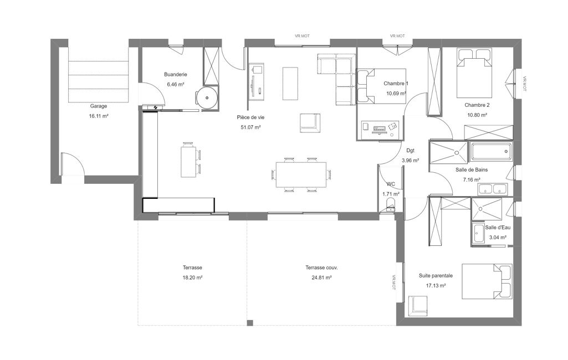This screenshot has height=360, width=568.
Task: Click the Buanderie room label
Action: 175,75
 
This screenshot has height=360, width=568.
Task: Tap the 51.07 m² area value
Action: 250,127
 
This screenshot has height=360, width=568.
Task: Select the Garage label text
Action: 99,106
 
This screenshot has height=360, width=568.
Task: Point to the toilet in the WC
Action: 390,205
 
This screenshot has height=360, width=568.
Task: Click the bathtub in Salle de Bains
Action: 491,152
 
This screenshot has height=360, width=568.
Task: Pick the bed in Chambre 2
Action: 474,73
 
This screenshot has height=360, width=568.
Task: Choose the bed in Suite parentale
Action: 487,281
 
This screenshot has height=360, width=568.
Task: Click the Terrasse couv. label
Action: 321,268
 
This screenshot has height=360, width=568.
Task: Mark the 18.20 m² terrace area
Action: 192,278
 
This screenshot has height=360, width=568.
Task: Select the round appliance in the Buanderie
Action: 207,98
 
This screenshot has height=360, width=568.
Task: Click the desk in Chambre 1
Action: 380,130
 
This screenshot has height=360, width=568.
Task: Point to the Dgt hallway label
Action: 411,151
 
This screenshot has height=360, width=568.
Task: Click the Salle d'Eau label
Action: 498,228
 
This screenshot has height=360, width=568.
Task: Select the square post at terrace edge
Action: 250,322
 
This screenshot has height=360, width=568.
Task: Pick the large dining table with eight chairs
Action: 301,174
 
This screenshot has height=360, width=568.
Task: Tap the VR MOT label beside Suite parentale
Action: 394,282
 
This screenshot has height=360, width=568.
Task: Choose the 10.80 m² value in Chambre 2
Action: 477,115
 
